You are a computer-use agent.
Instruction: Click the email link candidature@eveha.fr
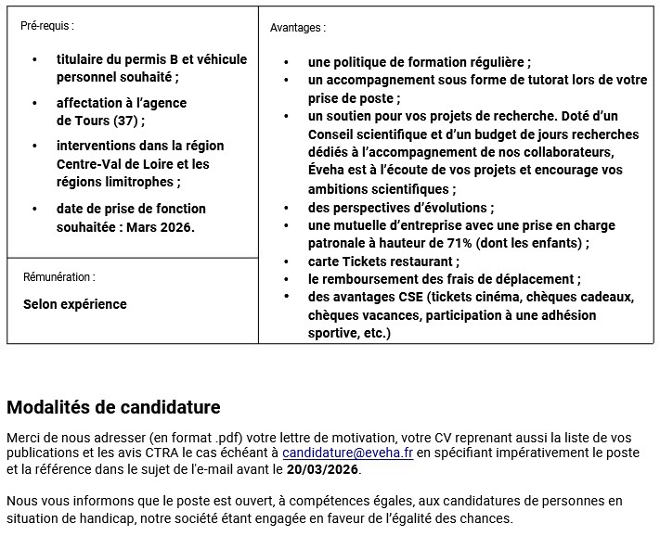pyautogui.click(x=348, y=453)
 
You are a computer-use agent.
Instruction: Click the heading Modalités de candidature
pyautogui.click(x=113, y=407)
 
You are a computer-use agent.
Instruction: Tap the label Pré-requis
pyautogui.click(x=46, y=26)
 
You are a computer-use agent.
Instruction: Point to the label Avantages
pyautogui.click(x=297, y=28)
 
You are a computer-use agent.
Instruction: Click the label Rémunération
pyautogui.click(x=58, y=277)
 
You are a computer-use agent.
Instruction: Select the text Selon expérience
pyautogui.click(x=75, y=304)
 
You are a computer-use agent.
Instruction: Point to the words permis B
pyautogui.click(x=149, y=59)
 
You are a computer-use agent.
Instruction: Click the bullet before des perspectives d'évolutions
pyautogui.click(x=290, y=208)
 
